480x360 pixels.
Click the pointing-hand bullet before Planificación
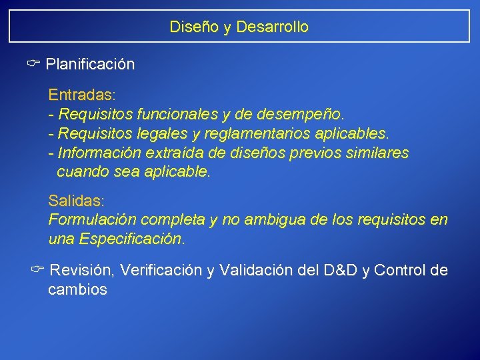click(x=34, y=64)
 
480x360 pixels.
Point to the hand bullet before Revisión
click(x=37, y=270)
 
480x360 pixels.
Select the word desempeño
click(x=311, y=114)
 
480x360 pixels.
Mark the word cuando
click(x=79, y=172)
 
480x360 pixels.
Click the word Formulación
click(x=87, y=219)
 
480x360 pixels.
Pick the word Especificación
click(x=131, y=239)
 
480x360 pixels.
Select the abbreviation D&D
click(x=341, y=271)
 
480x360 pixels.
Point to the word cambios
click(x=77, y=290)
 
